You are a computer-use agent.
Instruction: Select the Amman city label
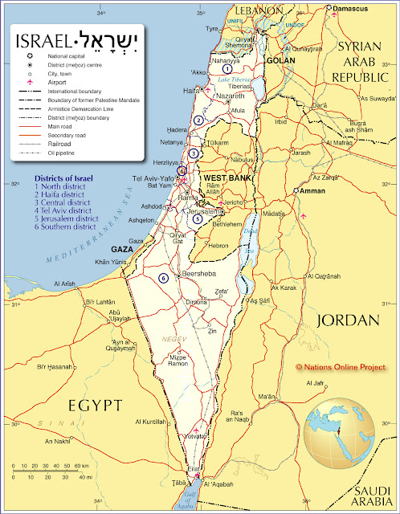click(x=314, y=192)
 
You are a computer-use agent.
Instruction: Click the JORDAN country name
click(x=348, y=320)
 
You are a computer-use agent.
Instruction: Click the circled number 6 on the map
click(x=164, y=278)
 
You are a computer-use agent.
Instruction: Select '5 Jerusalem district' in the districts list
click(x=67, y=218)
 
